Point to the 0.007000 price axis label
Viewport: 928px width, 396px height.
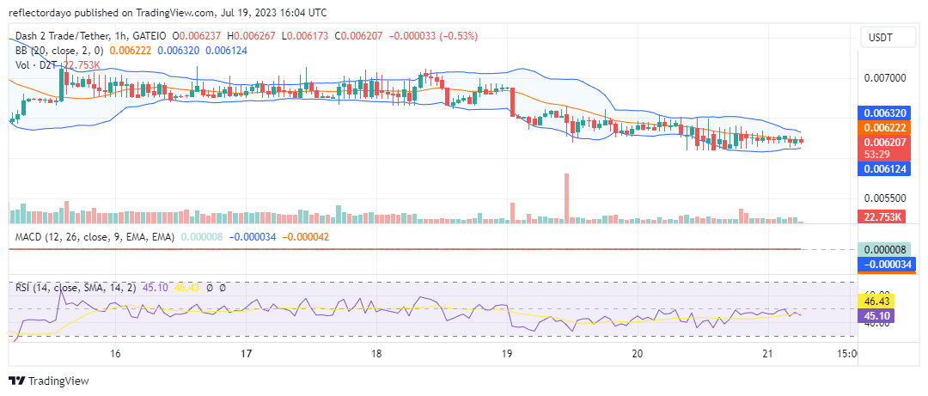pyautogui.click(x=884, y=78)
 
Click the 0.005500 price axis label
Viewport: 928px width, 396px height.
pyautogui.click(x=884, y=197)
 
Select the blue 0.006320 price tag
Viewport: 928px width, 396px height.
pyautogui.click(x=884, y=113)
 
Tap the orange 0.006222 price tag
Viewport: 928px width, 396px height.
pyautogui.click(x=884, y=127)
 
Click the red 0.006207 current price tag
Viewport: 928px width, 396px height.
pyautogui.click(x=884, y=142)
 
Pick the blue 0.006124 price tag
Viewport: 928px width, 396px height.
pyautogui.click(x=884, y=170)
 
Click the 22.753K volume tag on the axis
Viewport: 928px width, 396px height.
pyautogui.click(x=884, y=216)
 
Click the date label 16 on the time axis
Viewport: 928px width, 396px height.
pyautogui.click(x=115, y=354)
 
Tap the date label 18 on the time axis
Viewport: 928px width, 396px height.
pyautogui.click(x=376, y=354)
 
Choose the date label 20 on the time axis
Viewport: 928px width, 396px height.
pyautogui.click(x=637, y=354)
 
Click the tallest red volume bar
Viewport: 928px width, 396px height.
pyautogui.click(x=566, y=198)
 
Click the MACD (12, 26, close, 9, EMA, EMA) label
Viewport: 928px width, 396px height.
pyautogui.click(x=95, y=236)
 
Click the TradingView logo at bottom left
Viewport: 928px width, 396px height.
pyautogui.click(x=49, y=381)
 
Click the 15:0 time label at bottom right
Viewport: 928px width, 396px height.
pyautogui.click(x=846, y=354)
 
